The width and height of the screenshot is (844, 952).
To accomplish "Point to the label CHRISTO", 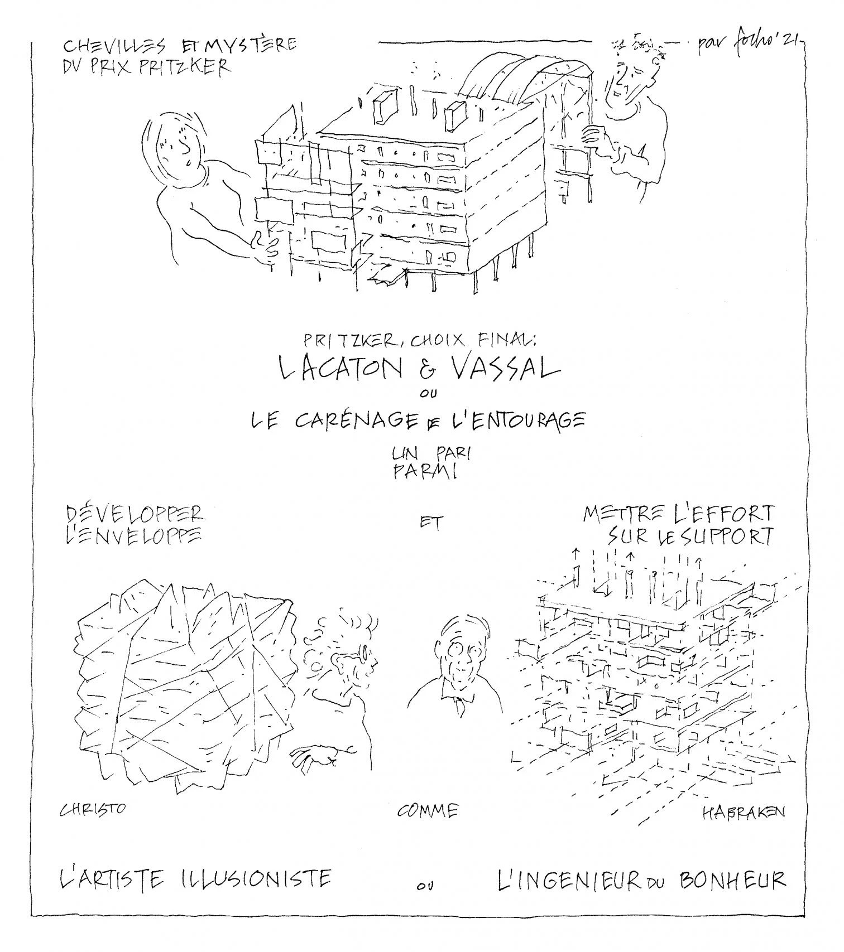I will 93,809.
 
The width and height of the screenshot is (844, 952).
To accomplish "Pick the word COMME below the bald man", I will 428,811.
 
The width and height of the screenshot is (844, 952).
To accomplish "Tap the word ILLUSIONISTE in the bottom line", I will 256,879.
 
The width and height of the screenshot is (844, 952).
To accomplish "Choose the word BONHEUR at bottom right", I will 732,880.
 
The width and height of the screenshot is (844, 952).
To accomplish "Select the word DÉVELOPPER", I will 135,514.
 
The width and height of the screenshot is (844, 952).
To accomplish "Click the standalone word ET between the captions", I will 431,523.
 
